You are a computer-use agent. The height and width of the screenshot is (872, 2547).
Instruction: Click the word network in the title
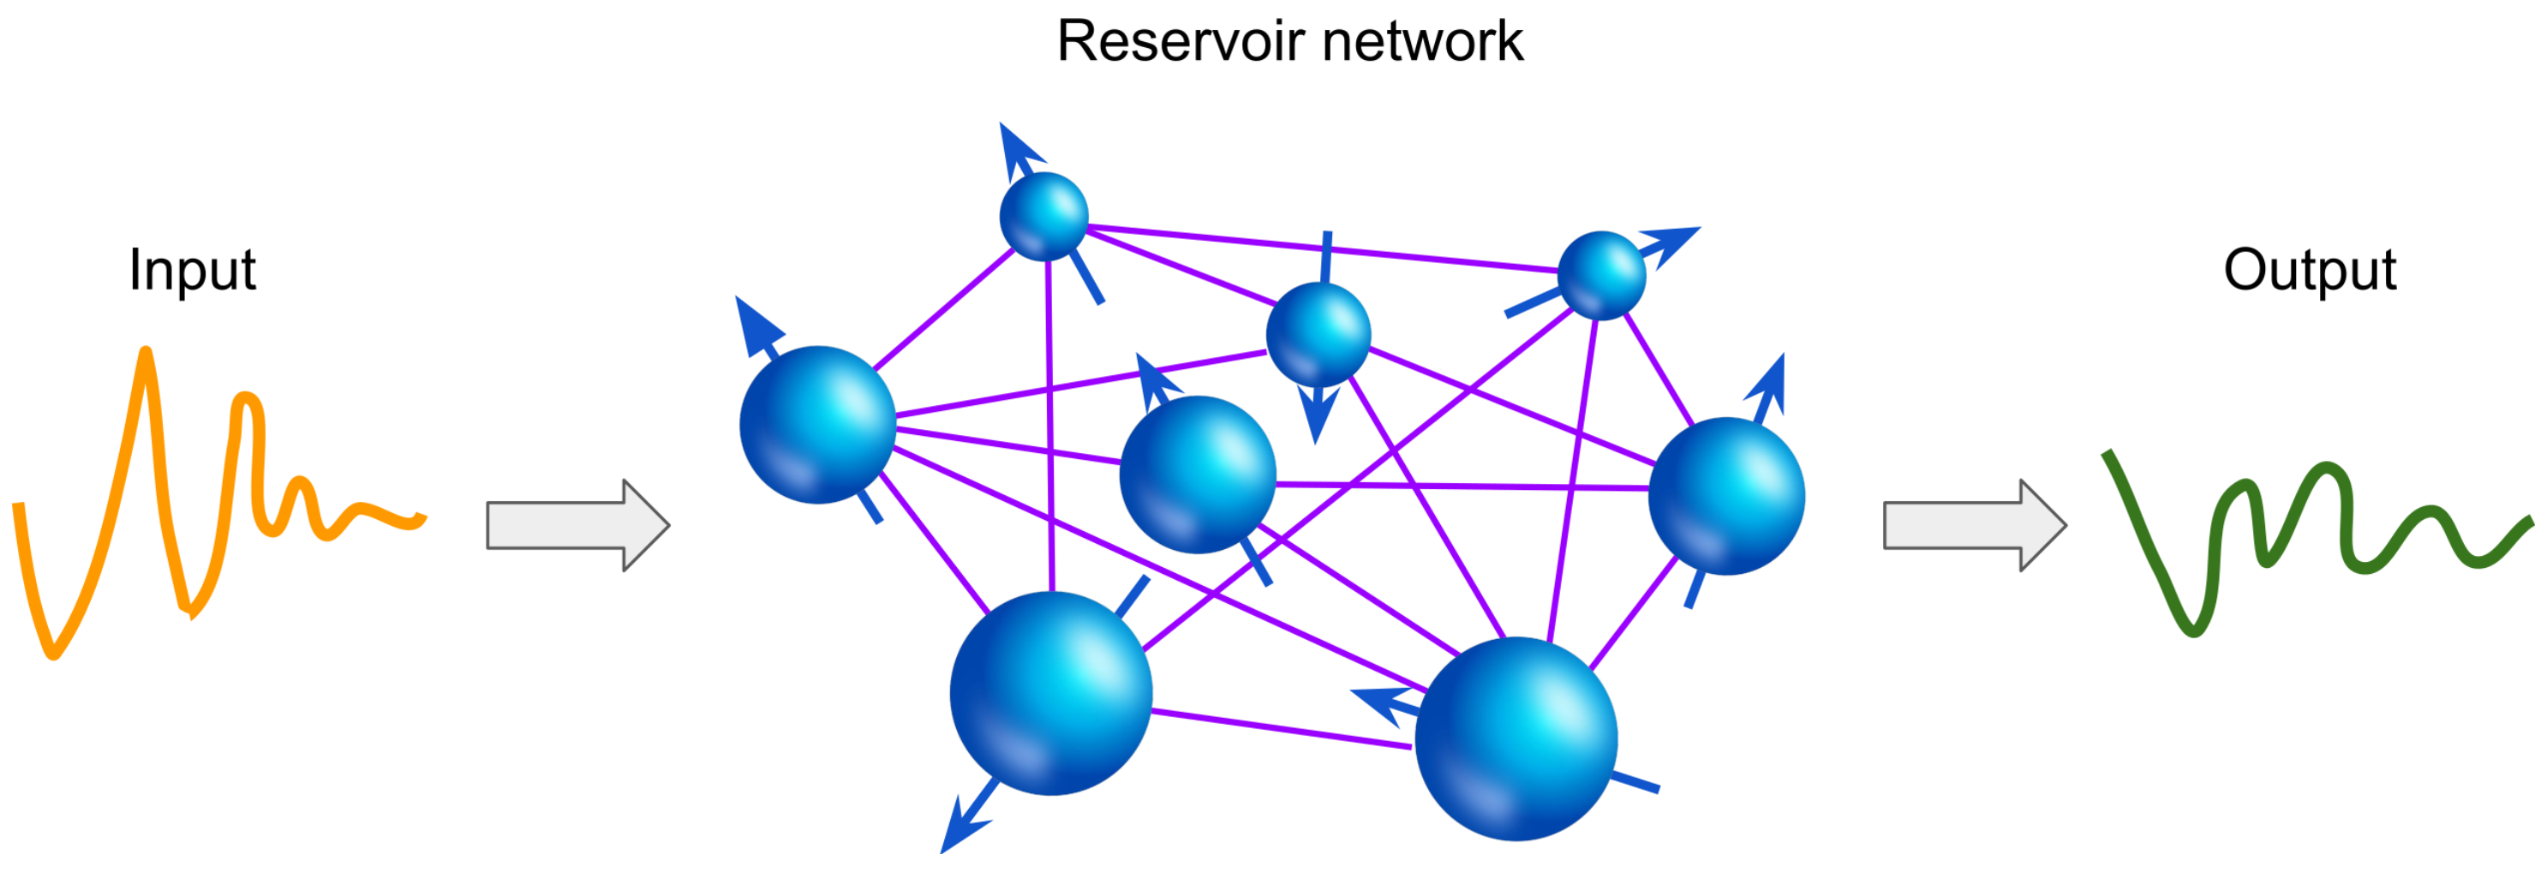1423,41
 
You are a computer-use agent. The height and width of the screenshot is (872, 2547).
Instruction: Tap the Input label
192,269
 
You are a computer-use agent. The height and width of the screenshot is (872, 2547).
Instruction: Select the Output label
2310,269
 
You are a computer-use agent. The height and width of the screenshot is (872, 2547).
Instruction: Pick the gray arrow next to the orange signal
577,525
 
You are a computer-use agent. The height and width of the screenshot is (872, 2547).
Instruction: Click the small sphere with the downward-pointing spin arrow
1318,334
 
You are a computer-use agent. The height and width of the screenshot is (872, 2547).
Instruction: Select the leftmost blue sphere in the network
817,424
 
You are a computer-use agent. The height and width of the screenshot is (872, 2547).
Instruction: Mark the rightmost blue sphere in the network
1726,495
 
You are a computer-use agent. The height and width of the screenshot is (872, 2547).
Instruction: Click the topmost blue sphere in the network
1043,217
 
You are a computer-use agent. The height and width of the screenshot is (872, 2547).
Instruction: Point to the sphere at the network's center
1198,474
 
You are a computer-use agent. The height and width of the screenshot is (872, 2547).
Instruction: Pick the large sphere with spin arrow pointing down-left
1050,692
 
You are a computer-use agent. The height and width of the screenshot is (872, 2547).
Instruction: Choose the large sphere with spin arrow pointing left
1516,738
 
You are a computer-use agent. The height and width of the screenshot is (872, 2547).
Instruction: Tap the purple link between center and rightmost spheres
1463,486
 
